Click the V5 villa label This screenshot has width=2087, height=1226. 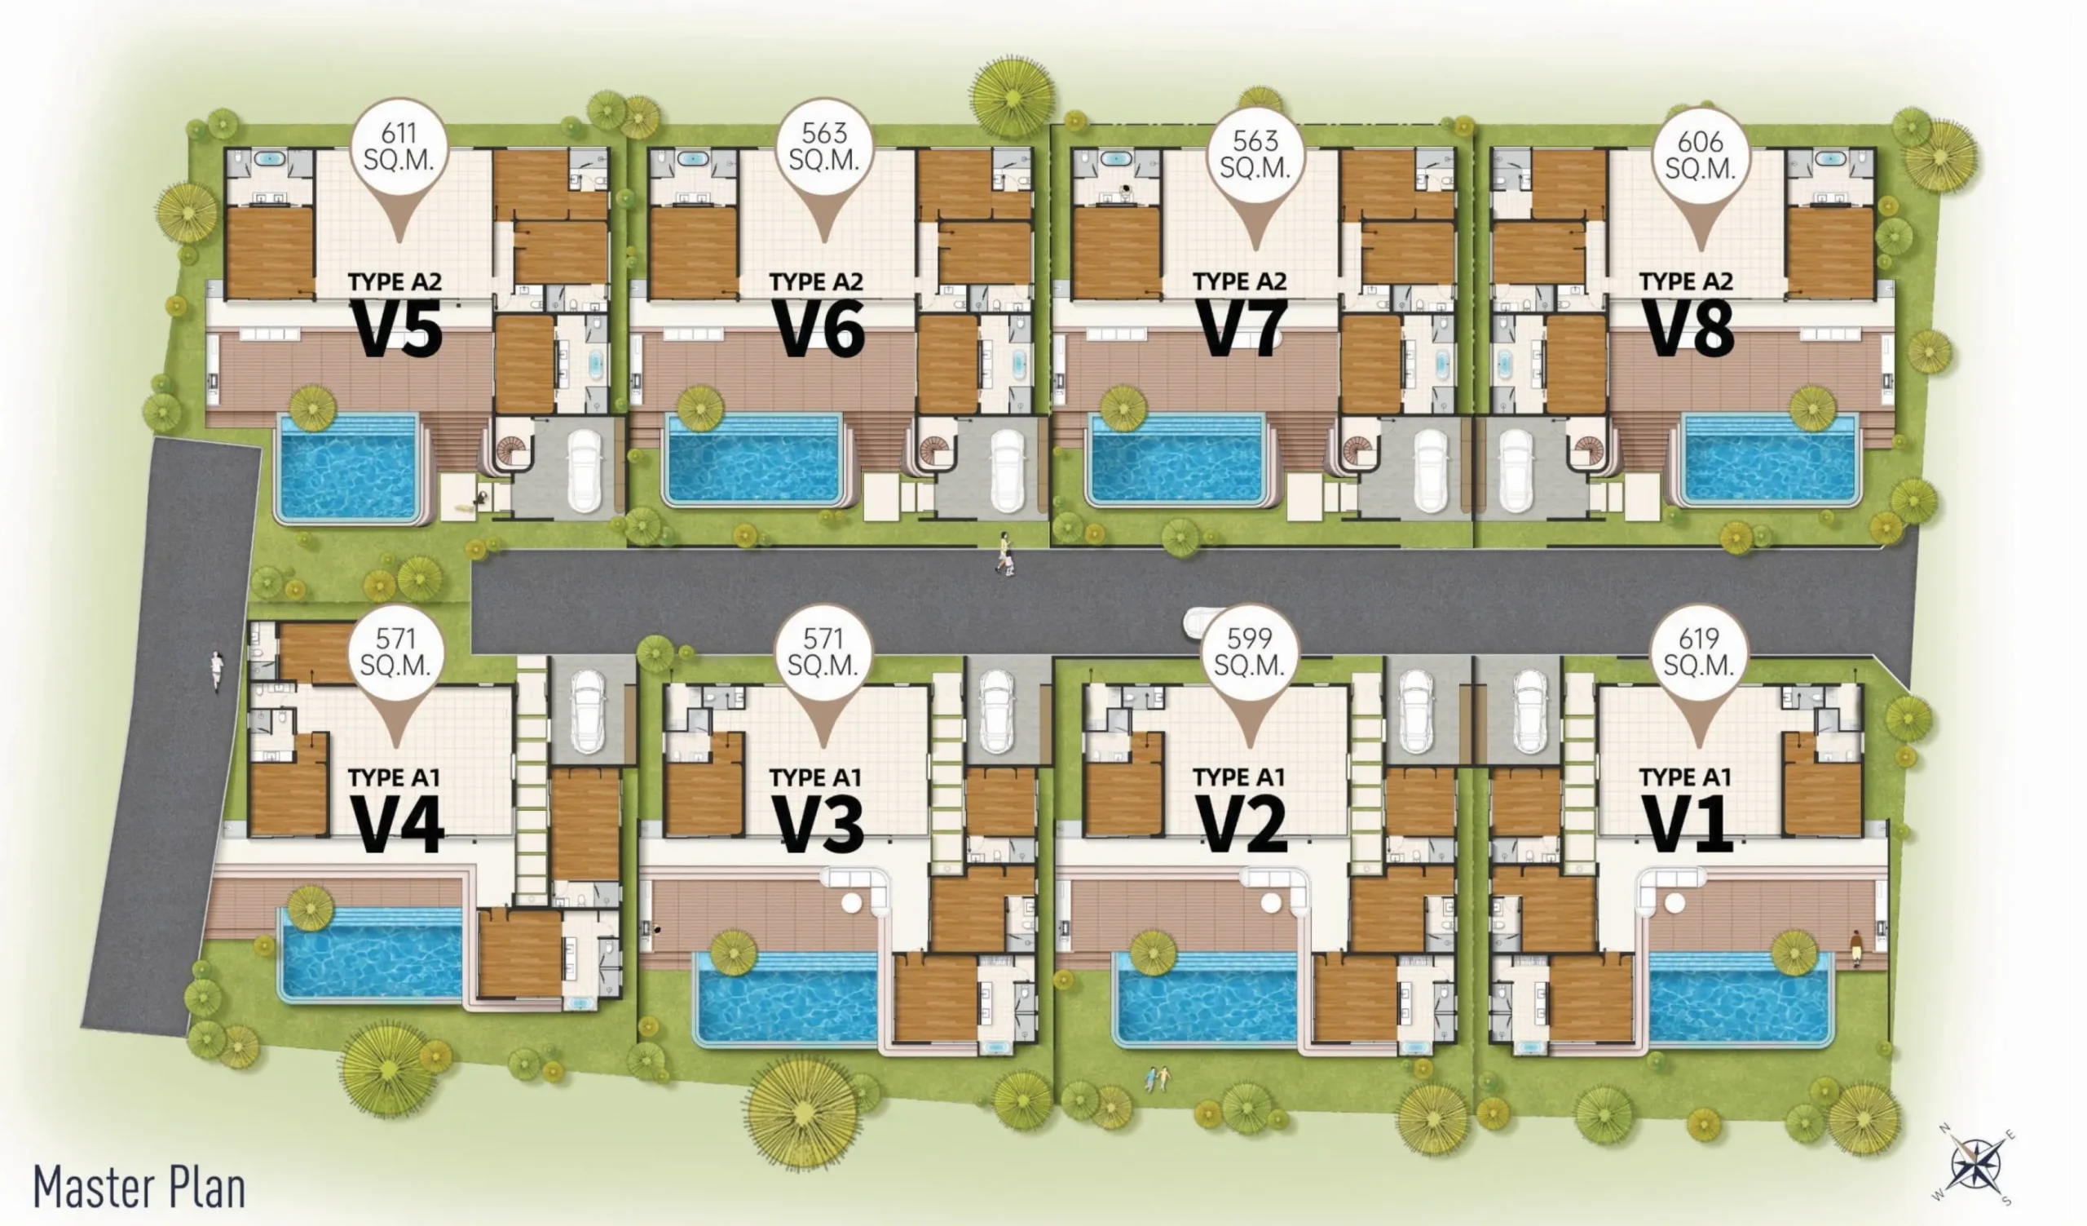pyautogui.click(x=399, y=329)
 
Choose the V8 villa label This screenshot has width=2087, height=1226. pyautogui.click(x=1688, y=329)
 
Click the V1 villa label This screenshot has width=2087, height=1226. pyautogui.click(x=1687, y=824)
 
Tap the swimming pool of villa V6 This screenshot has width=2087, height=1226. pyautogui.click(x=754, y=460)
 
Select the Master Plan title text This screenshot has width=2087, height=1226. pyautogui.click(x=139, y=1188)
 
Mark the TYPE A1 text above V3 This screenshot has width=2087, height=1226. pyautogui.click(x=816, y=778)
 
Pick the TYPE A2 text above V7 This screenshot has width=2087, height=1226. pyautogui.click(x=1240, y=281)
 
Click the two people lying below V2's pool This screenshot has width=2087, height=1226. pyautogui.click(x=1158, y=1078)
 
